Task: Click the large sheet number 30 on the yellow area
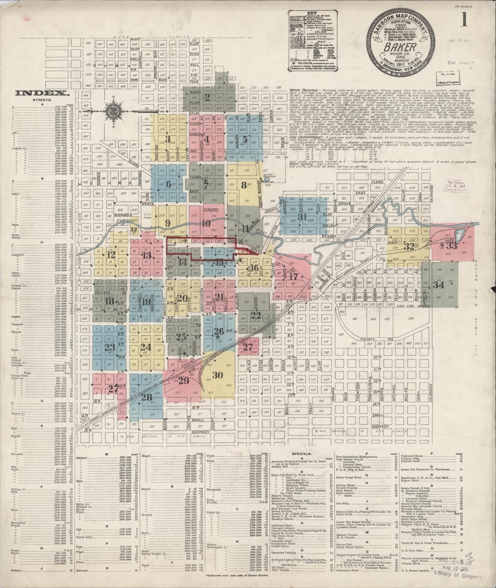(218, 375)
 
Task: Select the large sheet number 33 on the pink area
(452, 246)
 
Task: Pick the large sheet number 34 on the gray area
(438, 285)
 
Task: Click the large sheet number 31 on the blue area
(302, 217)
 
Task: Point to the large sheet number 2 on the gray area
(207, 97)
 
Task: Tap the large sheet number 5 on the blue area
(245, 140)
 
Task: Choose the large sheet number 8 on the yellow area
(244, 186)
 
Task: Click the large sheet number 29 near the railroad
(184, 381)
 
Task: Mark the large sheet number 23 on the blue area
(110, 347)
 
